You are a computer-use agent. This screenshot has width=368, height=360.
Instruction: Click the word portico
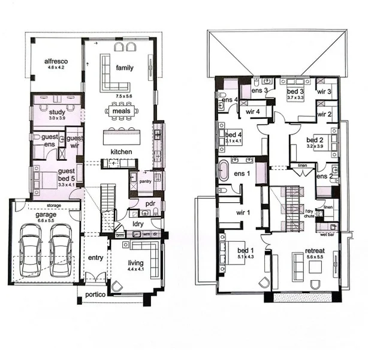pos(95,295)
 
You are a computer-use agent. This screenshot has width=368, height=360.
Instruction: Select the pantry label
pos(146,181)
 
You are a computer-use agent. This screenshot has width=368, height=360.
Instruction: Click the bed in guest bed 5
pos(44,180)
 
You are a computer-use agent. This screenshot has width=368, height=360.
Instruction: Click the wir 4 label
pos(252,111)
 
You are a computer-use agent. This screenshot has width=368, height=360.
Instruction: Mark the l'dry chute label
pos(309,215)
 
